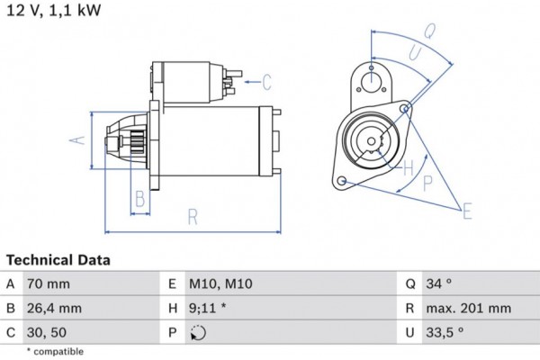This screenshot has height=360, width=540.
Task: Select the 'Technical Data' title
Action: (58, 260)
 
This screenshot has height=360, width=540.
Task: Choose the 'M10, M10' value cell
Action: (221, 283)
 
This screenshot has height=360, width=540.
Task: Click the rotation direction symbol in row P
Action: (199, 332)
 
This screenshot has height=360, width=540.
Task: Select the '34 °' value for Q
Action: (439, 283)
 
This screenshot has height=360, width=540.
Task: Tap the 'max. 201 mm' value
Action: (469, 308)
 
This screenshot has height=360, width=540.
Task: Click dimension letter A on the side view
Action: (78, 140)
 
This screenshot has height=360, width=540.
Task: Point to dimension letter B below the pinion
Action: (139, 199)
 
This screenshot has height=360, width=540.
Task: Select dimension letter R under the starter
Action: (193, 216)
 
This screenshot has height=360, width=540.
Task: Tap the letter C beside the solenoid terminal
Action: (266, 83)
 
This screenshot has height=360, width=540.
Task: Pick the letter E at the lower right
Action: (466, 212)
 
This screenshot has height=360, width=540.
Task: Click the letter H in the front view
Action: (408, 167)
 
